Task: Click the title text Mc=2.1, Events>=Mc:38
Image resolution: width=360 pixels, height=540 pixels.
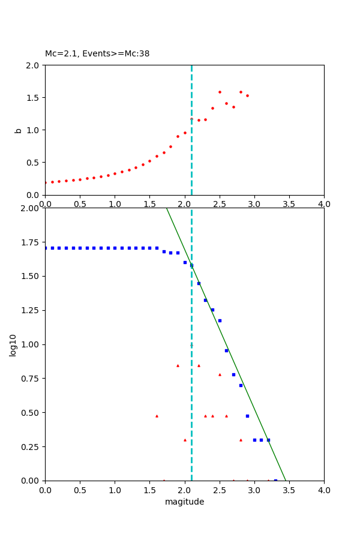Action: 97,54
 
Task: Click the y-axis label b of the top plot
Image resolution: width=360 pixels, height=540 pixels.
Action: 18,130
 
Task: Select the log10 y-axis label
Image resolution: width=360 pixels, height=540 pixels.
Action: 13,345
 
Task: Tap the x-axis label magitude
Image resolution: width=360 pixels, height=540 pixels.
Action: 184,502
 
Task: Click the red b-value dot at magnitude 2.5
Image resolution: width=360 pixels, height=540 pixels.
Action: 220,92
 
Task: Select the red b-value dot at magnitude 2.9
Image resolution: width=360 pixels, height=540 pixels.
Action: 247,95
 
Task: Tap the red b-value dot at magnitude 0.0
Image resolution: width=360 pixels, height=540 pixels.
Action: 45,182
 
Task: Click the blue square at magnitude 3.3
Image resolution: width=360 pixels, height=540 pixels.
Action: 275,481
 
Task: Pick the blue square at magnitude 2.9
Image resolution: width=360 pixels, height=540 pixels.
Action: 247,416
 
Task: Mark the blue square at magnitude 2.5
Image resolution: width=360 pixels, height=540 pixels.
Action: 220,320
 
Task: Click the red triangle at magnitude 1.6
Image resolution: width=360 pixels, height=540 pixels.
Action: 157,416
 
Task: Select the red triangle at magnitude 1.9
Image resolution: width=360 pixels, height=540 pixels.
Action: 178,365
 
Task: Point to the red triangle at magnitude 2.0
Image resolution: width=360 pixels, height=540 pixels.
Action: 185,440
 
